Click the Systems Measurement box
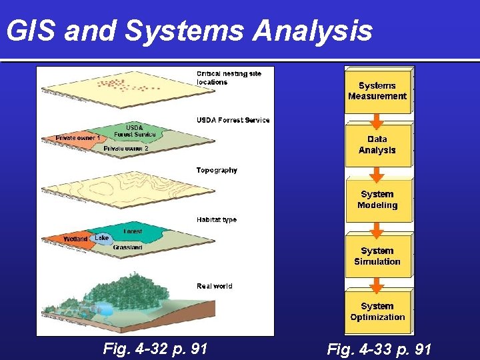[377, 91]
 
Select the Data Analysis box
[377, 145]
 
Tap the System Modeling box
[377, 200]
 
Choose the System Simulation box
[377, 256]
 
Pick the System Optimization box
[377, 311]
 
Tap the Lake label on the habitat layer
[101, 238]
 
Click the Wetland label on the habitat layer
[75, 239]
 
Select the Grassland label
[127, 247]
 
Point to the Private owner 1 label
[77, 138]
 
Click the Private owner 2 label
[126, 148]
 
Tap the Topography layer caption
[217, 171]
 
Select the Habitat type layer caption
[216, 219]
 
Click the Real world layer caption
[214, 286]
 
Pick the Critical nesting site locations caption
[228, 77]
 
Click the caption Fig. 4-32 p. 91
[155, 348]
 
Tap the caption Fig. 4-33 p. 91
[379, 349]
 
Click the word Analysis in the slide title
[314, 31]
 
